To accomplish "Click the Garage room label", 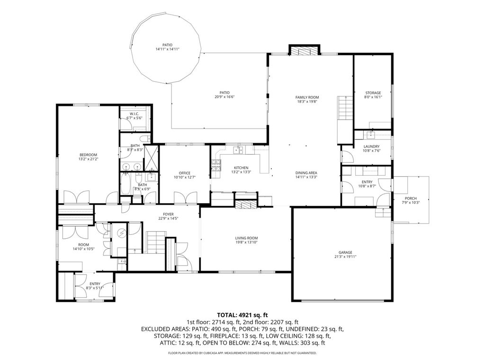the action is coord(345,252).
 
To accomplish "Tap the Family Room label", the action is coord(307,97).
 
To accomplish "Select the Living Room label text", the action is coord(246,238).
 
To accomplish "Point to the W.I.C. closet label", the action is coord(134,114).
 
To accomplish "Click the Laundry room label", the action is coord(371,147).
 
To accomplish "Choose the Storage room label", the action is coord(373,93).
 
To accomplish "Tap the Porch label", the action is coord(411,198).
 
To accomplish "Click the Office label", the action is coord(185,173).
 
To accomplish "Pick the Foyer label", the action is coord(168,214).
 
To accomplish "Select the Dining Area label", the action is coord(306,173).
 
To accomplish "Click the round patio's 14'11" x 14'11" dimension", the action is coord(167,49).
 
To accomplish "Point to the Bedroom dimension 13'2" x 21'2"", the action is coord(88,159).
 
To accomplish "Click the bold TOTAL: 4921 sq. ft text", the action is coord(242,315).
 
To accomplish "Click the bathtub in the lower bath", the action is coord(126,184).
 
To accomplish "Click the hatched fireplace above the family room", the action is coord(304,51).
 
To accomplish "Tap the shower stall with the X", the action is coord(151,158).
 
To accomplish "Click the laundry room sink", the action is coord(370,134).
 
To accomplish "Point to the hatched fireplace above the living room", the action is coord(246,204).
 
